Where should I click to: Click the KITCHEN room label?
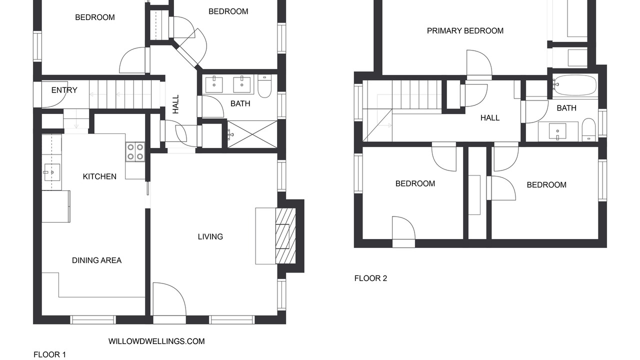99,176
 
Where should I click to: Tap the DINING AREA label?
96,260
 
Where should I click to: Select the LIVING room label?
210,236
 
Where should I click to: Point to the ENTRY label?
64,90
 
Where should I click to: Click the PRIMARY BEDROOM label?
465,31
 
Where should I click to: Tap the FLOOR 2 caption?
370,278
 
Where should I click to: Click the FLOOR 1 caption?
49,354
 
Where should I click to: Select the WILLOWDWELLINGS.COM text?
156,341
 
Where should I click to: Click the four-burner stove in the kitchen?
135,151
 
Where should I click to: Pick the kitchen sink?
52,172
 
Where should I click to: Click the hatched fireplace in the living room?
285,236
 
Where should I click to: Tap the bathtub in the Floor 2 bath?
575,85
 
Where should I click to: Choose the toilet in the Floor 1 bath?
264,86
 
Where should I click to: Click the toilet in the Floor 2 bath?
588,130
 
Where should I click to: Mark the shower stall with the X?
252,134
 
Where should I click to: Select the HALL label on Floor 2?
490,118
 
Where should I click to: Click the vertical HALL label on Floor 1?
175,104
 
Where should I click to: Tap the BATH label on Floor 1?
240,103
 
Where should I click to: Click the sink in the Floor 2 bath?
557,132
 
